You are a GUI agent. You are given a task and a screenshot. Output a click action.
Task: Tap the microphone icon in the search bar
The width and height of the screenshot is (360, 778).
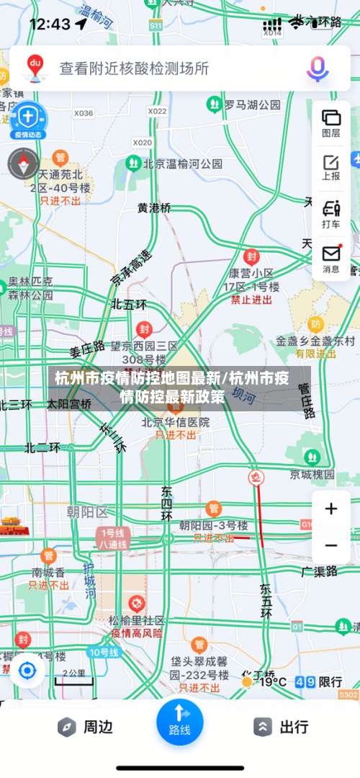pos(318,68)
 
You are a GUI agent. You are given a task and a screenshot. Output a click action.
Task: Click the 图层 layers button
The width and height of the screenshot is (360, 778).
pos(331,122)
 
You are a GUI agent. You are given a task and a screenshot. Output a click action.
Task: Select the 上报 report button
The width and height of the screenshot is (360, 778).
pos(331,166)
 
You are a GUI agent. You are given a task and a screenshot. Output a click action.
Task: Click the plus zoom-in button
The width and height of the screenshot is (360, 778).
pos(331,509)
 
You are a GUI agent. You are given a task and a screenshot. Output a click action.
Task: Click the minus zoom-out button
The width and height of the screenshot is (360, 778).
pos(331,546)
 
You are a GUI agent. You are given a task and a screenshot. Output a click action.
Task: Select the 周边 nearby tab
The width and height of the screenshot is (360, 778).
pos(86,727)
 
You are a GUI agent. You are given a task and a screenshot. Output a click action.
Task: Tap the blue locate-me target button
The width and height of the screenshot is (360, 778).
pos(27,671)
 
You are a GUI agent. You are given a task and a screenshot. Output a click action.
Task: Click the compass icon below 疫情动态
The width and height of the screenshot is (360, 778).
pos(24,164)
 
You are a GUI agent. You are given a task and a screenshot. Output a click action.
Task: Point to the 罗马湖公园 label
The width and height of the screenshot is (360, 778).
pos(251,105)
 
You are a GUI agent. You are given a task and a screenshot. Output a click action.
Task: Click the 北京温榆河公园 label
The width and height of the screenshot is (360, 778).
pos(182,164)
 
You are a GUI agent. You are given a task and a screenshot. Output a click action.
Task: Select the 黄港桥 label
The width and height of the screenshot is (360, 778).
pos(155,207)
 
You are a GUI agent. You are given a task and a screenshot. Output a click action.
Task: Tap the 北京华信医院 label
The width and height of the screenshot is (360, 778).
pos(176,421)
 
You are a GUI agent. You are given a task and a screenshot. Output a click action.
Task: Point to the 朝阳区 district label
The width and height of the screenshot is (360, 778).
pos(86,512)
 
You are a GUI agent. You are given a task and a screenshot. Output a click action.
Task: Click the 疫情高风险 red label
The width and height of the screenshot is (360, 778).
pos(137,633)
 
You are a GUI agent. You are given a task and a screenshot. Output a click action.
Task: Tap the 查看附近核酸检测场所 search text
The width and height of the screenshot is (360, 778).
pos(134,68)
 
